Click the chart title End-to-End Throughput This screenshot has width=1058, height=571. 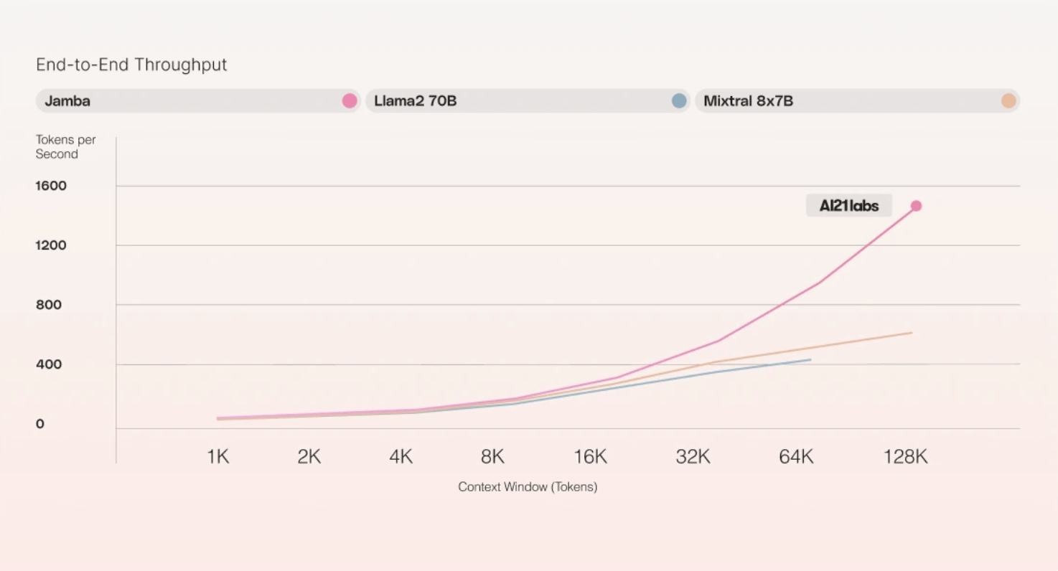[131, 65]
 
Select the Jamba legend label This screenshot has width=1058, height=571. [67, 101]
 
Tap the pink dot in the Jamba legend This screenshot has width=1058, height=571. [350, 101]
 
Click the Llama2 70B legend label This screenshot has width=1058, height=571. [415, 101]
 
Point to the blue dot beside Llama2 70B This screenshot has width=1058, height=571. [679, 101]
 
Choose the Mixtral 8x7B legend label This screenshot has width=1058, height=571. [748, 101]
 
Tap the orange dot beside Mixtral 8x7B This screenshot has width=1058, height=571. [1008, 101]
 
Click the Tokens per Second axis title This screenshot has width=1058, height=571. [65, 147]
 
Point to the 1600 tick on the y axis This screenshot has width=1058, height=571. [51, 186]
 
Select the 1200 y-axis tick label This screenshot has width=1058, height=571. [51, 245]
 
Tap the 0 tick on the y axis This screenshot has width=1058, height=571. [40, 424]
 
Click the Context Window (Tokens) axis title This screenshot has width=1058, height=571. [528, 487]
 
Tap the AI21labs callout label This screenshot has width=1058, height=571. [848, 206]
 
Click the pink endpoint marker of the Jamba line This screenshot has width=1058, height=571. [916, 206]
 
